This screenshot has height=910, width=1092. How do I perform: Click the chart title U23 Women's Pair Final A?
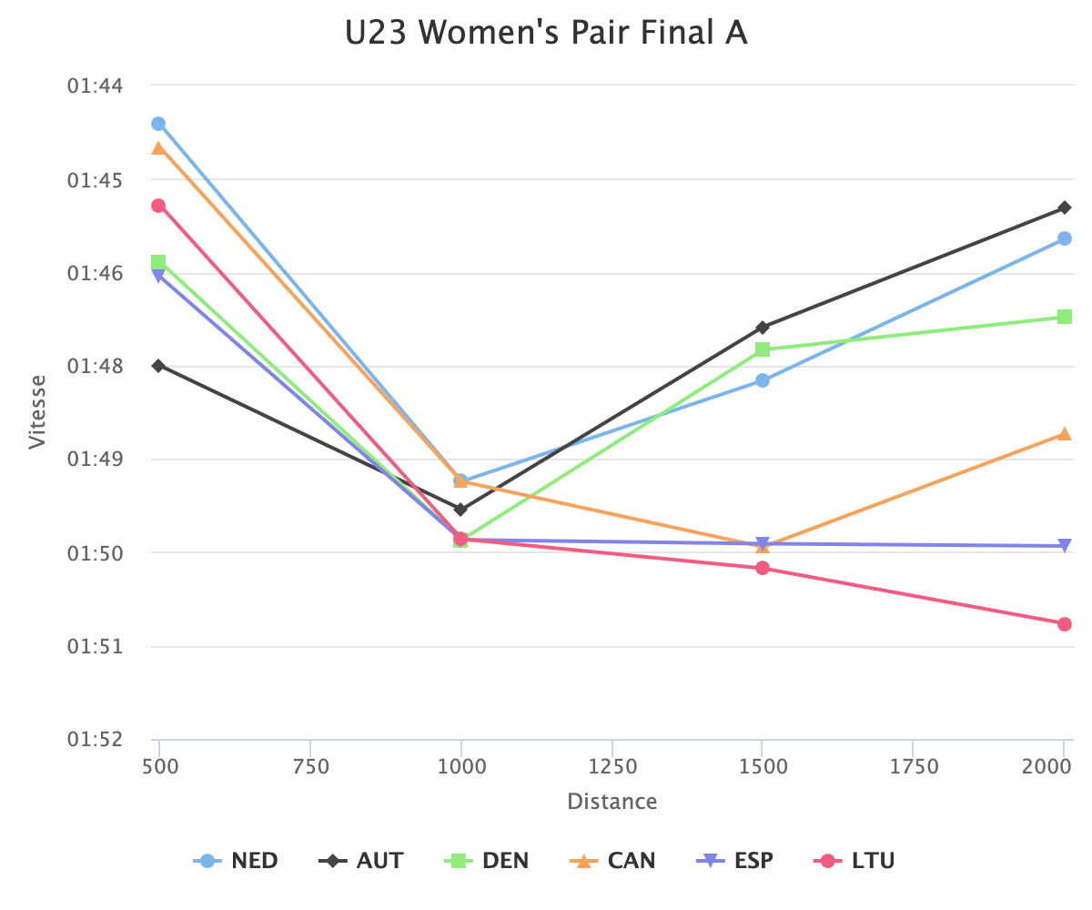[x=546, y=33]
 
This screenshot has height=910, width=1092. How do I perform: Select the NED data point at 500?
[x=158, y=124]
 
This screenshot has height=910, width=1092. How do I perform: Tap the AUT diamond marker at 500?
[x=158, y=366]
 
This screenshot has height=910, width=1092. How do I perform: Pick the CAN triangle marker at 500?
[x=158, y=147]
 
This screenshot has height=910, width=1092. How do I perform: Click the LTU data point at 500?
[x=158, y=206]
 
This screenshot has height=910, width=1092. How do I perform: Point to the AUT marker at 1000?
[x=460, y=510]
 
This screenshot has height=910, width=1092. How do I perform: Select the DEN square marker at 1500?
[x=763, y=349]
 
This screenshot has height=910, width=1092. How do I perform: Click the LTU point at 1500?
[x=763, y=569]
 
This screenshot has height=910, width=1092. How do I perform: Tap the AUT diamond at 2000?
[x=1065, y=207]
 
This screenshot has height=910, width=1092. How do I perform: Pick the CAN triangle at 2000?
[x=1065, y=434]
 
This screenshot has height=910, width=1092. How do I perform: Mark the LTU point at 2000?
[x=1065, y=624]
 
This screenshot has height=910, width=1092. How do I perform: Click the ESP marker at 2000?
[x=1065, y=546]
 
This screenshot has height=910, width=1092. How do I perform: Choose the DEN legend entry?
[x=489, y=861]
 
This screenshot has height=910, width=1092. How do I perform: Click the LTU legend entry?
[x=855, y=861]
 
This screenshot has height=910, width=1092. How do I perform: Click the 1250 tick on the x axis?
[x=612, y=767]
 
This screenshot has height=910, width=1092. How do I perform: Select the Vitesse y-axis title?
[x=37, y=411]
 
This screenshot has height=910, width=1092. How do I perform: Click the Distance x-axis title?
[x=612, y=802]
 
